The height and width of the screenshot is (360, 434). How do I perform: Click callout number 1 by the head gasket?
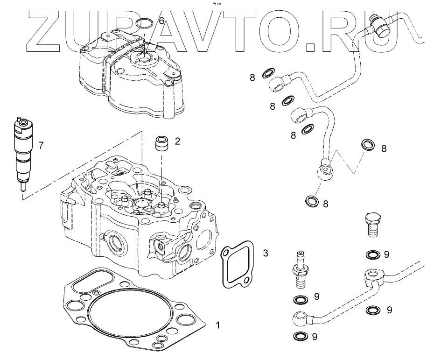pyautogui.click(x=217, y=324)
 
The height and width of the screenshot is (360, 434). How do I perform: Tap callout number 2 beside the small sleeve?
pyautogui.click(x=177, y=141)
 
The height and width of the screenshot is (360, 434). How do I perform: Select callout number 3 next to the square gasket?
pyautogui.click(x=266, y=254)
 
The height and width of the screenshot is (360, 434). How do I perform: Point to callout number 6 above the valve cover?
pyautogui.click(x=161, y=21)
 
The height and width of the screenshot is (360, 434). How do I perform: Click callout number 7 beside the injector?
pyautogui.click(x=41, y=146)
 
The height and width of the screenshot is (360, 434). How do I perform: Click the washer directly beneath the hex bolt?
pyautogui.click(x=372, y=254)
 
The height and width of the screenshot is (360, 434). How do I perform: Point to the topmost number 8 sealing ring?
pyautogui.click(x=268, y=73)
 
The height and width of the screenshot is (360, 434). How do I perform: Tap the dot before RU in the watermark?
pyautogui.click(x=311, y=46)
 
